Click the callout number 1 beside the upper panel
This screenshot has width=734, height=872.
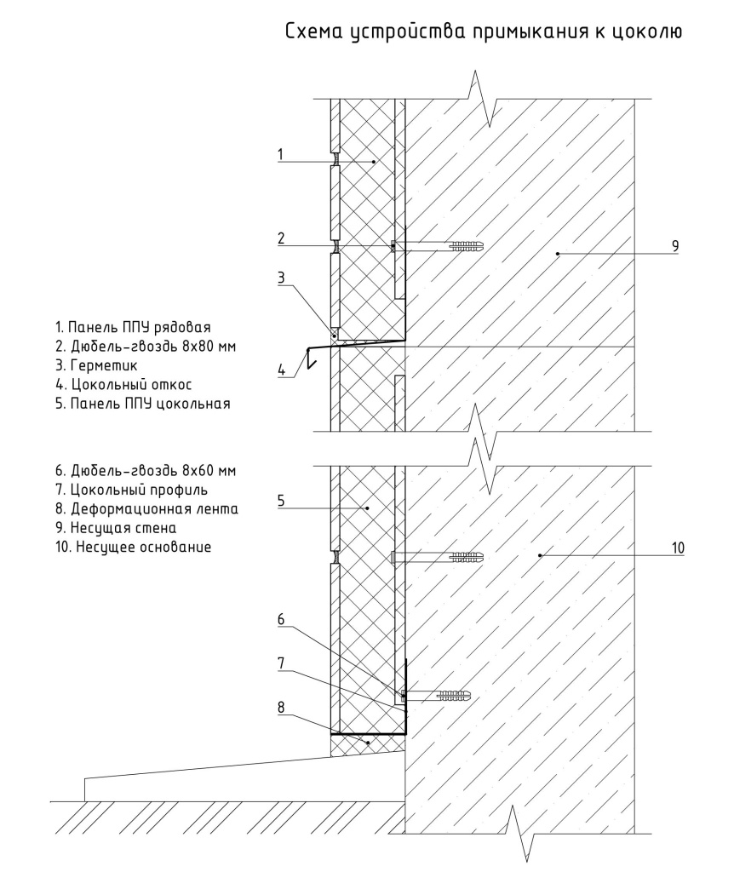[x=279, y=153]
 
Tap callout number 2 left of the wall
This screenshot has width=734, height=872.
[x=279, y=238]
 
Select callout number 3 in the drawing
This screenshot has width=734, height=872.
[x=279, y=277]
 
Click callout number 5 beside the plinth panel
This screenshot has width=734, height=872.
[x=279, y=501]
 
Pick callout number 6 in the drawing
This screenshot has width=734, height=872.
[x=279, y=622]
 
